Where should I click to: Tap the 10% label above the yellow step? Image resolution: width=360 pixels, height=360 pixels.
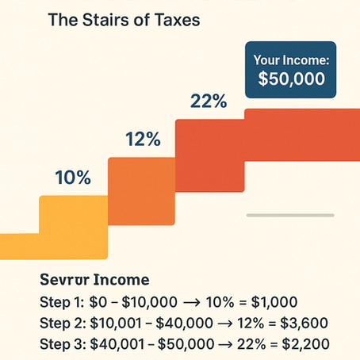(x=74, y=178)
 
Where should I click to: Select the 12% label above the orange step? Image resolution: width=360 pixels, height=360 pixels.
(x=144, y=139)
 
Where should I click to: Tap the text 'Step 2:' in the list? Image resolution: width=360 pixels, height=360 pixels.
(x=60, y=324)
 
